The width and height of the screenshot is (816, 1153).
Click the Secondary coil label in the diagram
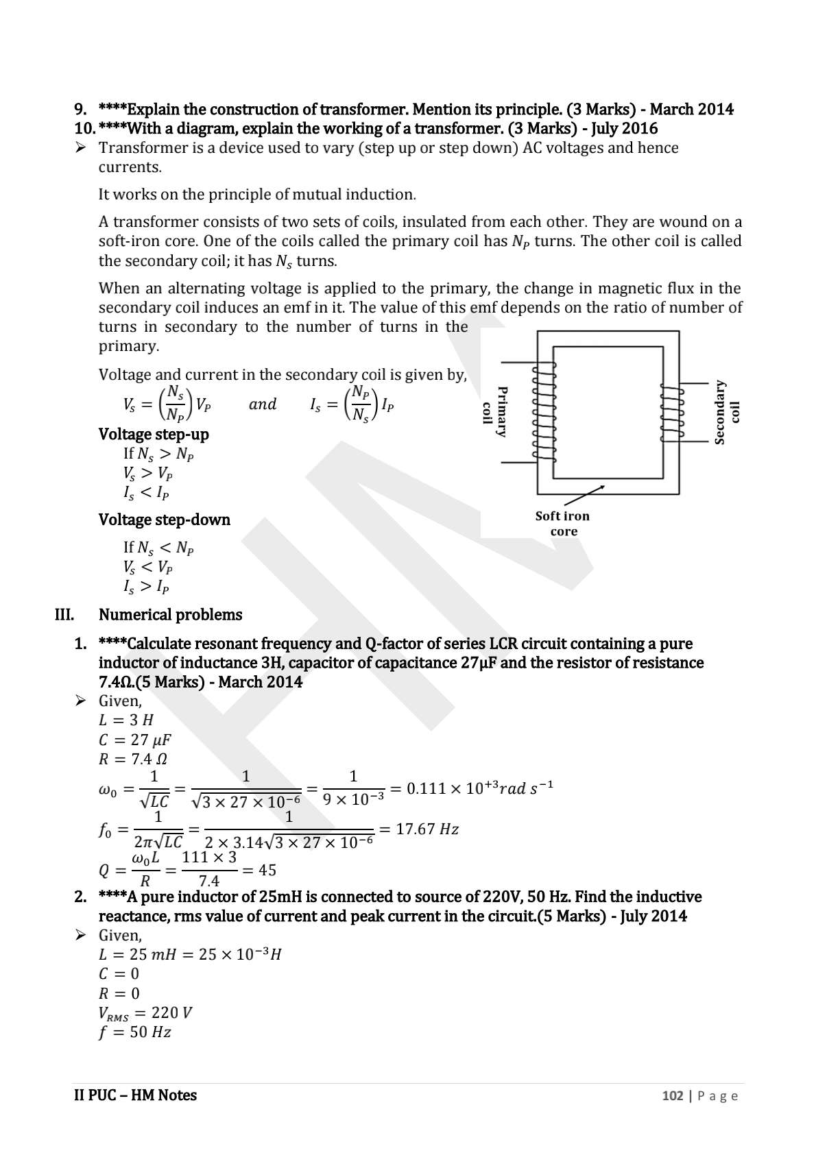pos(727,412)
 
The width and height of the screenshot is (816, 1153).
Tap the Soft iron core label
pos(562,523)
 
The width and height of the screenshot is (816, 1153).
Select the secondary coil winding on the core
pos(671,412)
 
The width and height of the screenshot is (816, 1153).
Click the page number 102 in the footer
pos(672,1095)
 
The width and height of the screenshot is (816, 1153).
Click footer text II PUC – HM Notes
pos(135,1095)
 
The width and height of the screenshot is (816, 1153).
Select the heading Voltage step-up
pos(154,434)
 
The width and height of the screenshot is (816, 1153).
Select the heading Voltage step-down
pos(164,520)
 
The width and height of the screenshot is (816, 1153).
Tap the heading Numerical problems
pos(170,615)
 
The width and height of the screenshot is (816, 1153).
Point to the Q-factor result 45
pos(267,870)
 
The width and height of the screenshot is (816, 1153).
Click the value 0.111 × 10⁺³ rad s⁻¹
pos(479,788)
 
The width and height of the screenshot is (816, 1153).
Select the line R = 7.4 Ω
pos(133,759)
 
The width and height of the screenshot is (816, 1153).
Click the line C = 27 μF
pos(134,740)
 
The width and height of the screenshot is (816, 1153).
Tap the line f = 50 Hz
pos(134,1032)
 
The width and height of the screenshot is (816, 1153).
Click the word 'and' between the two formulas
pos(262,404)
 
